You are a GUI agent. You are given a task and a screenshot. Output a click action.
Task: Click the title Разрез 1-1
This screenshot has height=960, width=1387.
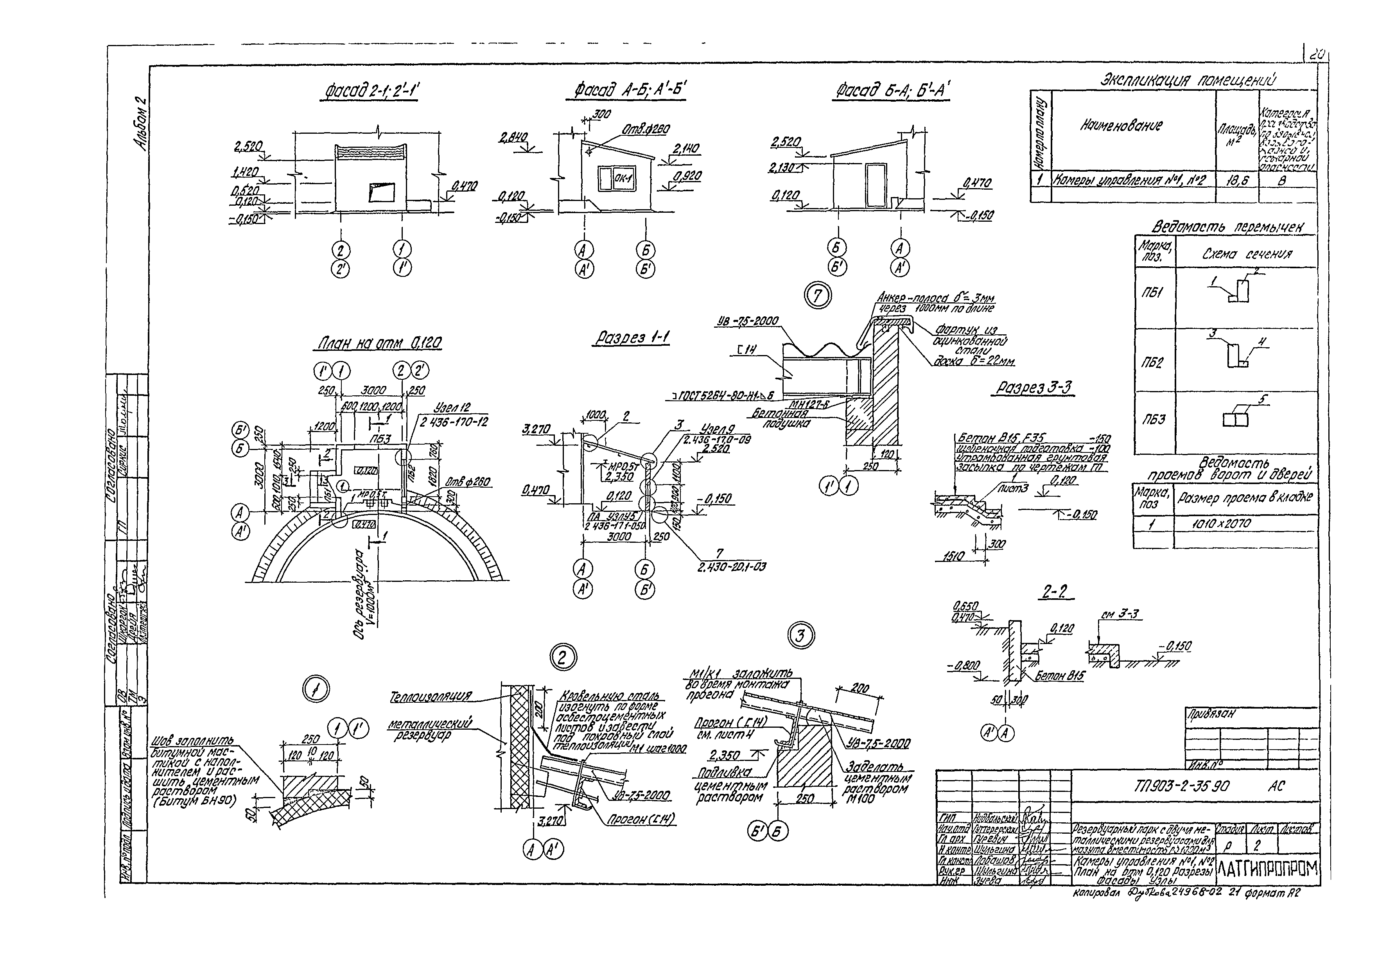coord(632,338)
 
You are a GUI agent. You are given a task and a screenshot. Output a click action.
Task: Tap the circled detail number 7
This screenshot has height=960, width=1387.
coord(817,296)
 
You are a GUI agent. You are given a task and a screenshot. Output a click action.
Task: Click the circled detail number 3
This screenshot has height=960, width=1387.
coord(800,636)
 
